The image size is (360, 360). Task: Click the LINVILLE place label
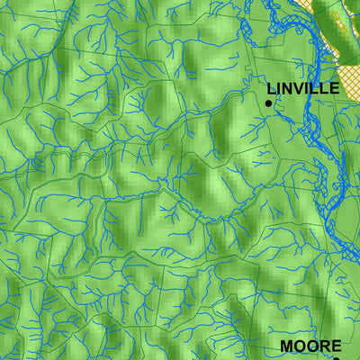pos(303,88)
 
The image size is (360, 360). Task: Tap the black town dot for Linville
pos(268,103)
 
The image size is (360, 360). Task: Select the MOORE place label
pos(310,346)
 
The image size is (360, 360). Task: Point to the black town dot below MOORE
pos(336,358)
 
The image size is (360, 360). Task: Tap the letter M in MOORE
pos(287,346)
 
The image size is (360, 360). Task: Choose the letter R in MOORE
pos(323,346)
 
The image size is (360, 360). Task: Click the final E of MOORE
pos(336,346)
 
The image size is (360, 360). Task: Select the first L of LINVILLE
pos(271,88)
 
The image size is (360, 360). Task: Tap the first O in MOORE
pos(300,346)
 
